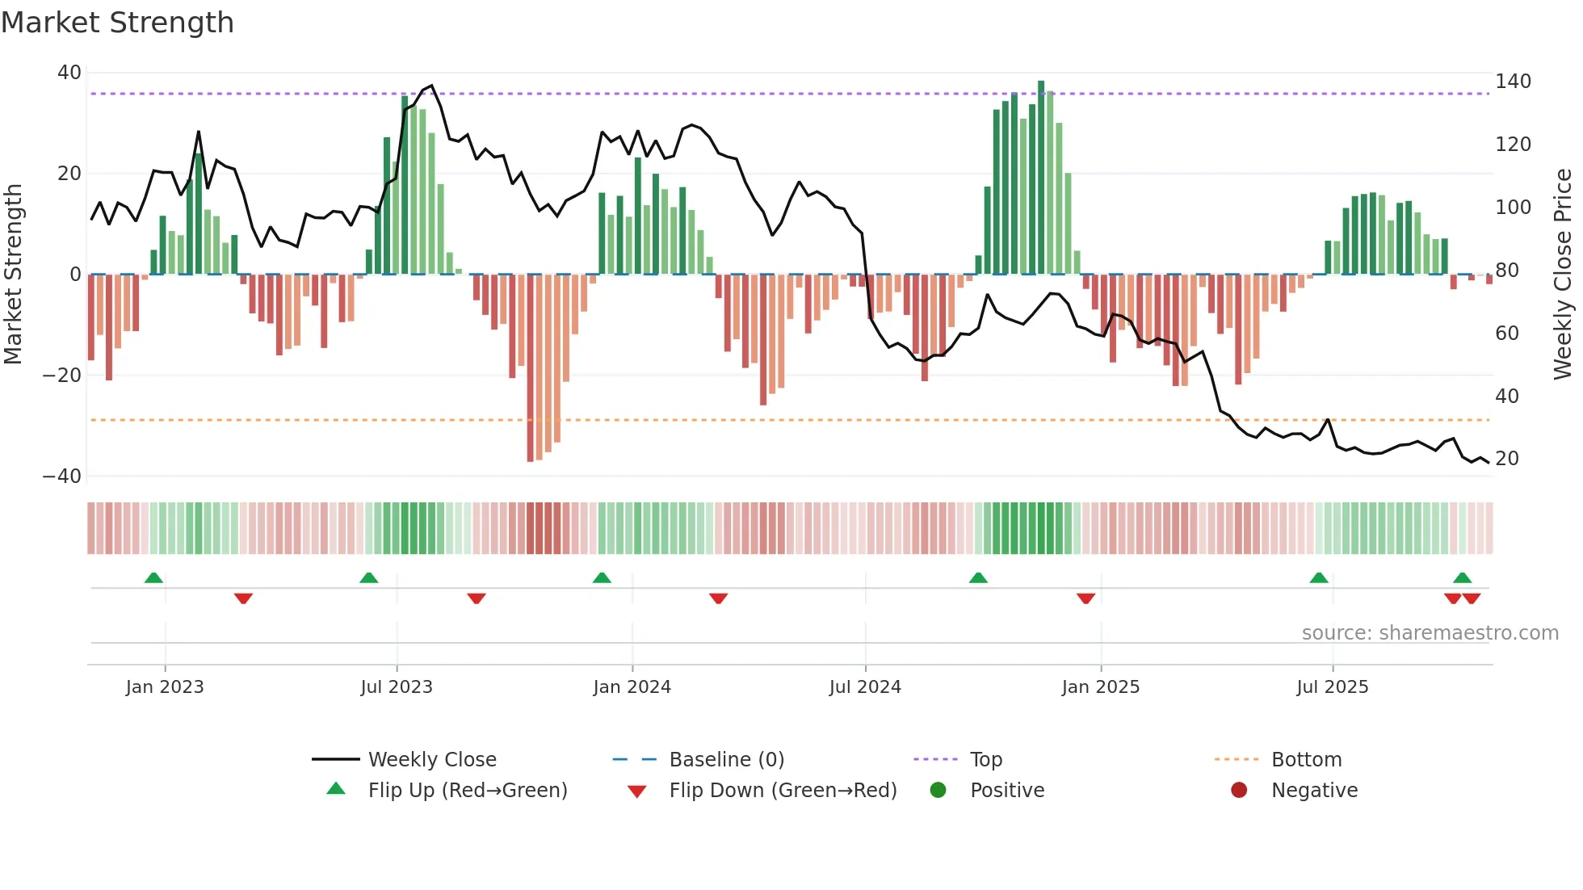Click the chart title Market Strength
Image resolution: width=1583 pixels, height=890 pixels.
[x=117, y=23]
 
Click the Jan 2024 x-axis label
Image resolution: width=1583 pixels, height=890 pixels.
[x=632, y=687]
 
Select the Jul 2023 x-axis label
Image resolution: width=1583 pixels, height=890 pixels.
[x=397, y=687]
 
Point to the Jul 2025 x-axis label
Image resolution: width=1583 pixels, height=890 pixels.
[x=1332, y=687]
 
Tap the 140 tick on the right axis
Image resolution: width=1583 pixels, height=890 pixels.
[x=1512, y=82]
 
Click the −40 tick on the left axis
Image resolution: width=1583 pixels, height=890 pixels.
[x=62, y=476]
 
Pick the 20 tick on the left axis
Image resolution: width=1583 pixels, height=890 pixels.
[x=69, y=174]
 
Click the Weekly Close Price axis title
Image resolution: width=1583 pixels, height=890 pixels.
[x=1563, y=275]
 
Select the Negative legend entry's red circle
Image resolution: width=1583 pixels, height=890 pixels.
[x=1238, y=791]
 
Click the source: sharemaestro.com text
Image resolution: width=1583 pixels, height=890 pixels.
[x=1430, y=633]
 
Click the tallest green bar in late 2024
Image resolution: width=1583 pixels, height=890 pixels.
[x=1041, y=178]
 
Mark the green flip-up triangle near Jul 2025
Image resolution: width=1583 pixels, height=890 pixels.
[x=1318, y=578]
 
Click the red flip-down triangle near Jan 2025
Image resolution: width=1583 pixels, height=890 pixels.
[x=1085, y=598]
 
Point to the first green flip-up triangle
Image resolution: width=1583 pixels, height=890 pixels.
[x=153, y=578]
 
